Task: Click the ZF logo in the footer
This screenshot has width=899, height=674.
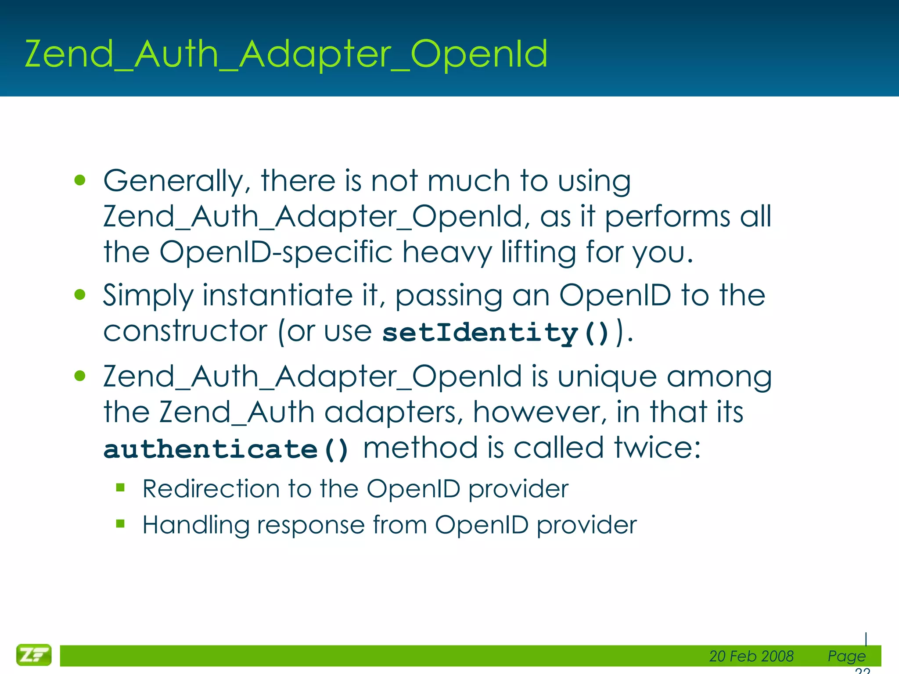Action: [34, 655]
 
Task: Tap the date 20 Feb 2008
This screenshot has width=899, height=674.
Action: [751, 656]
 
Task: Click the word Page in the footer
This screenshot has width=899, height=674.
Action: [846, 656]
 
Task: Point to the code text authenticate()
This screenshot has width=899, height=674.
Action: [226, 449]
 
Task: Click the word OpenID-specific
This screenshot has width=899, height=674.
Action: [276, 252]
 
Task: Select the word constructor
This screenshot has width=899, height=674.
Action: [185, 331]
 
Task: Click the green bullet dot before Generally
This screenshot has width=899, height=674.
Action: [80, 180]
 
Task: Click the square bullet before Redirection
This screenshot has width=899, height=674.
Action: [121, 488]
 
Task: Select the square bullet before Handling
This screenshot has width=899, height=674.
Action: [121, 523]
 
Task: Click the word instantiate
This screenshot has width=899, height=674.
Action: [277, 295]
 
